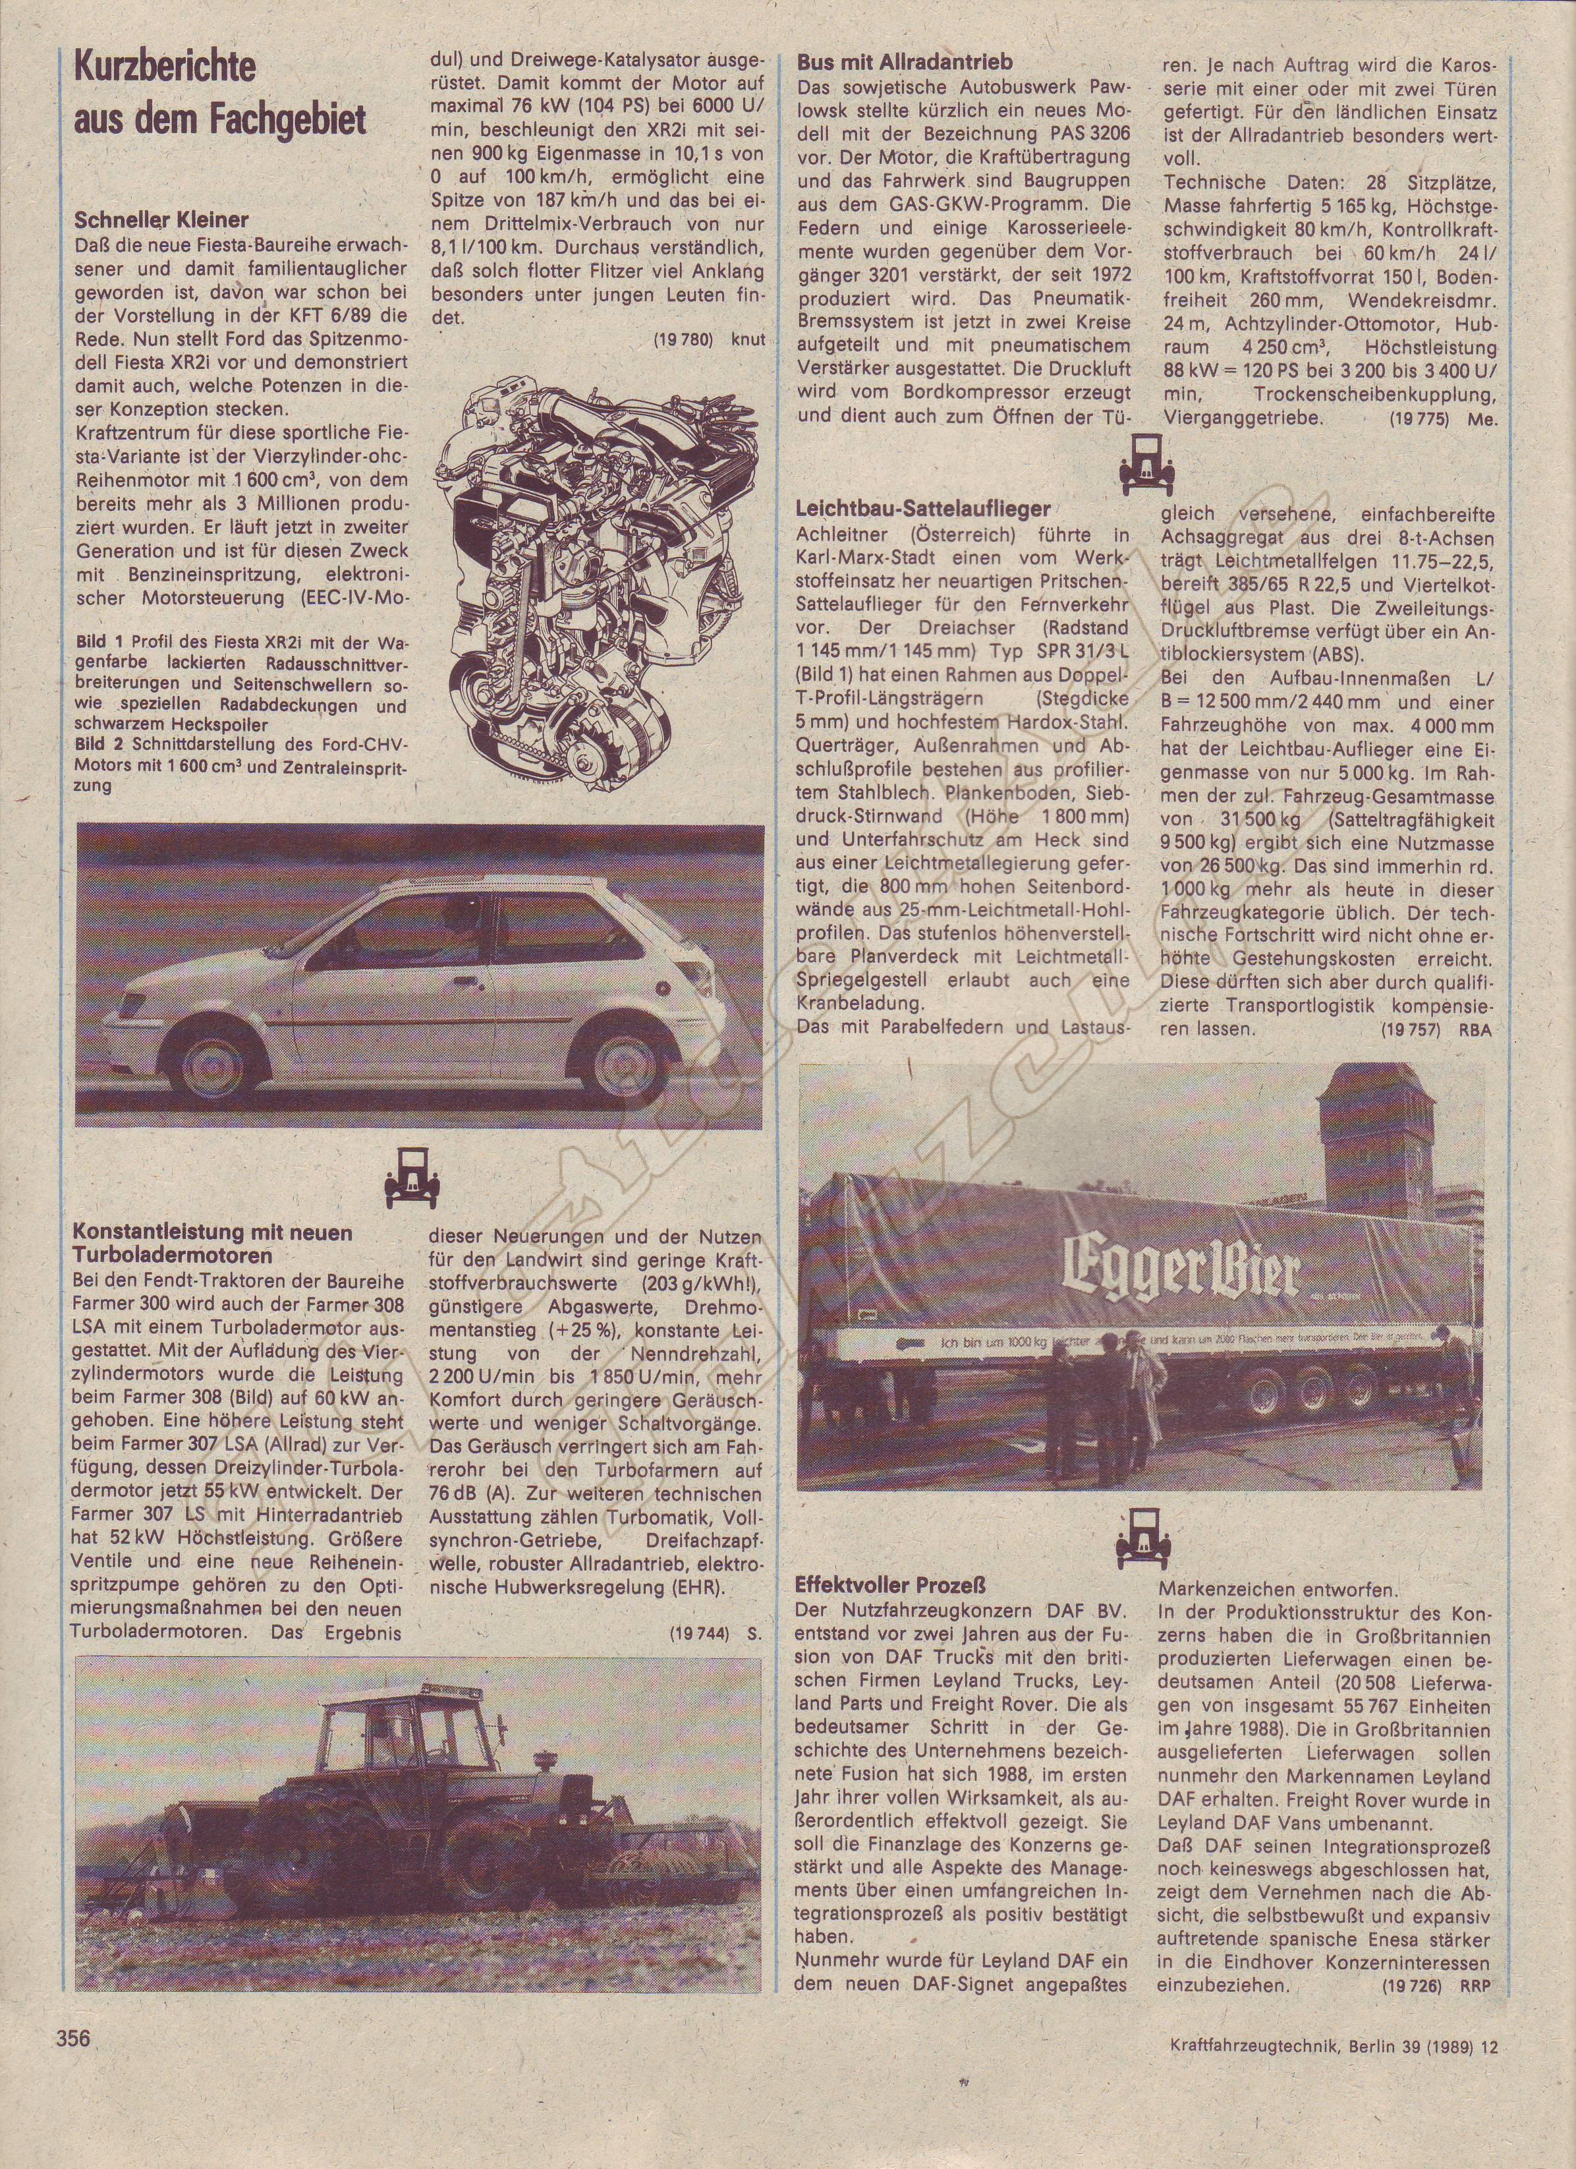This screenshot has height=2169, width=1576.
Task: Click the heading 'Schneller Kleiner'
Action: [x=161, y=221]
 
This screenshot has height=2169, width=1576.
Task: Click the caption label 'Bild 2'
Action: [x=99, y=744]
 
